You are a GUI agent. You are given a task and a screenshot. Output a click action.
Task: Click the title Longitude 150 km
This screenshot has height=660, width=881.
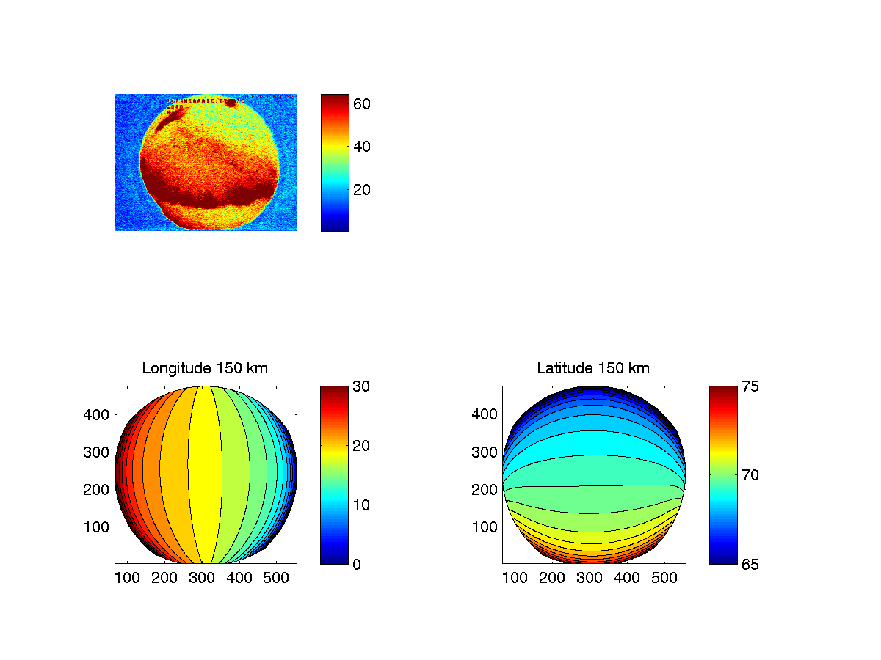(x=205, y=368)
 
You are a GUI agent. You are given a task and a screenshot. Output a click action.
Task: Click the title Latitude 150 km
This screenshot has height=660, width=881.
(x=593, y=368)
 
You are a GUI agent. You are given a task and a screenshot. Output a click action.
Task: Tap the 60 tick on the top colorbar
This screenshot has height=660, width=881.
(x=362, y=104)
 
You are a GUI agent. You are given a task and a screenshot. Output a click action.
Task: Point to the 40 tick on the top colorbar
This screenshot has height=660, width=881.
(x=362, y=147)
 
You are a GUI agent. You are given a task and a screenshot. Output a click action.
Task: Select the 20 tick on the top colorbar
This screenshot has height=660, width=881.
(x=362, y=189)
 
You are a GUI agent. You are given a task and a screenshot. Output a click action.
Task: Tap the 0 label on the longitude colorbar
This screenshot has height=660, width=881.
(x=357, y=564)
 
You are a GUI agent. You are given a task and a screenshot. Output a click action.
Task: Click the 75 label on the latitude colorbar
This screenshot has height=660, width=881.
(x=748, y=386)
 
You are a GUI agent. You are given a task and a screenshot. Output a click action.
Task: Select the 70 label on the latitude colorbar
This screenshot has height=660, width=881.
(x=748, y=475)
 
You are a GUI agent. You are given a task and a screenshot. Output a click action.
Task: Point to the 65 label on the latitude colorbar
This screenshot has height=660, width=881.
(x=748, y=564)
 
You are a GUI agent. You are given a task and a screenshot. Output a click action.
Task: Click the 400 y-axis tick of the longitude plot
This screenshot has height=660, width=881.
(x=96, y=414)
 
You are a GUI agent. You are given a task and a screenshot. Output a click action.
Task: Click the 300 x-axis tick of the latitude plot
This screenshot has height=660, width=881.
(x=590, y=578)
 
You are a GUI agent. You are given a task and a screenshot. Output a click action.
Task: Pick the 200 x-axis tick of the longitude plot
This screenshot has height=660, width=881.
(x=164, y=578)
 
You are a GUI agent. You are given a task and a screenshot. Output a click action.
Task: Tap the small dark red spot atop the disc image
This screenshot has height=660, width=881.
(x=231, y=102)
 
